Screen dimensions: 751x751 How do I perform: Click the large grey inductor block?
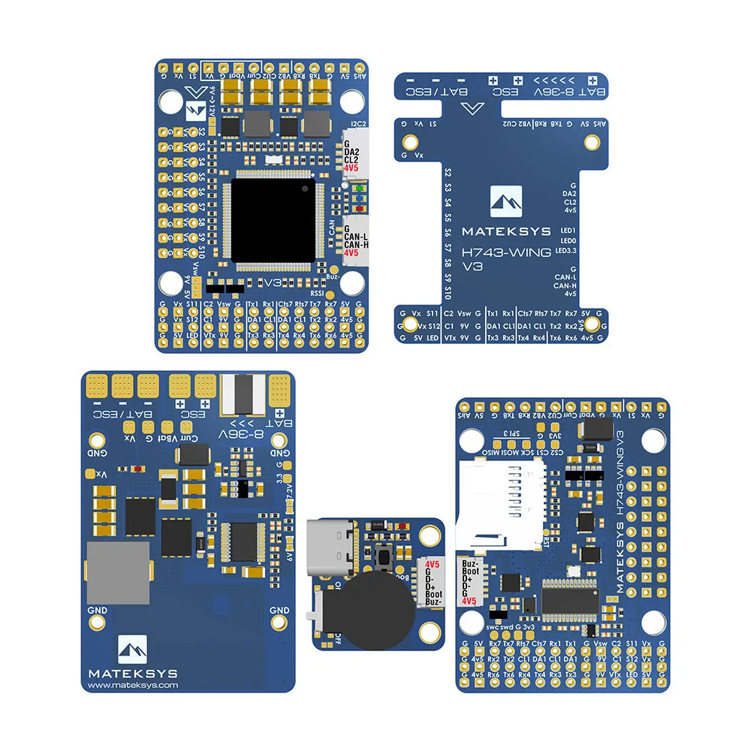click(119, 570)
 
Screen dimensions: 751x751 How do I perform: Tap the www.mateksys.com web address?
click(133, 684)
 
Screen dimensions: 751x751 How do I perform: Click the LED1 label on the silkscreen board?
click(568, 231)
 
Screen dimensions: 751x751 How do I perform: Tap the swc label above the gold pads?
click(492, 626)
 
